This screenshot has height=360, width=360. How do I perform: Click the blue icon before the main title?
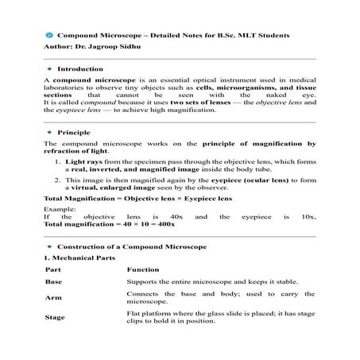pos(48,36)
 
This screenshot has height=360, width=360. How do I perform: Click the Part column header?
pos(53,270)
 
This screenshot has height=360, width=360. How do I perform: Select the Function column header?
pos(143,270)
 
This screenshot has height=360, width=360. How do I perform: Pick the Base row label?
pos(53,282)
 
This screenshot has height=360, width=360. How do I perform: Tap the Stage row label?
pos(55,318)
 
